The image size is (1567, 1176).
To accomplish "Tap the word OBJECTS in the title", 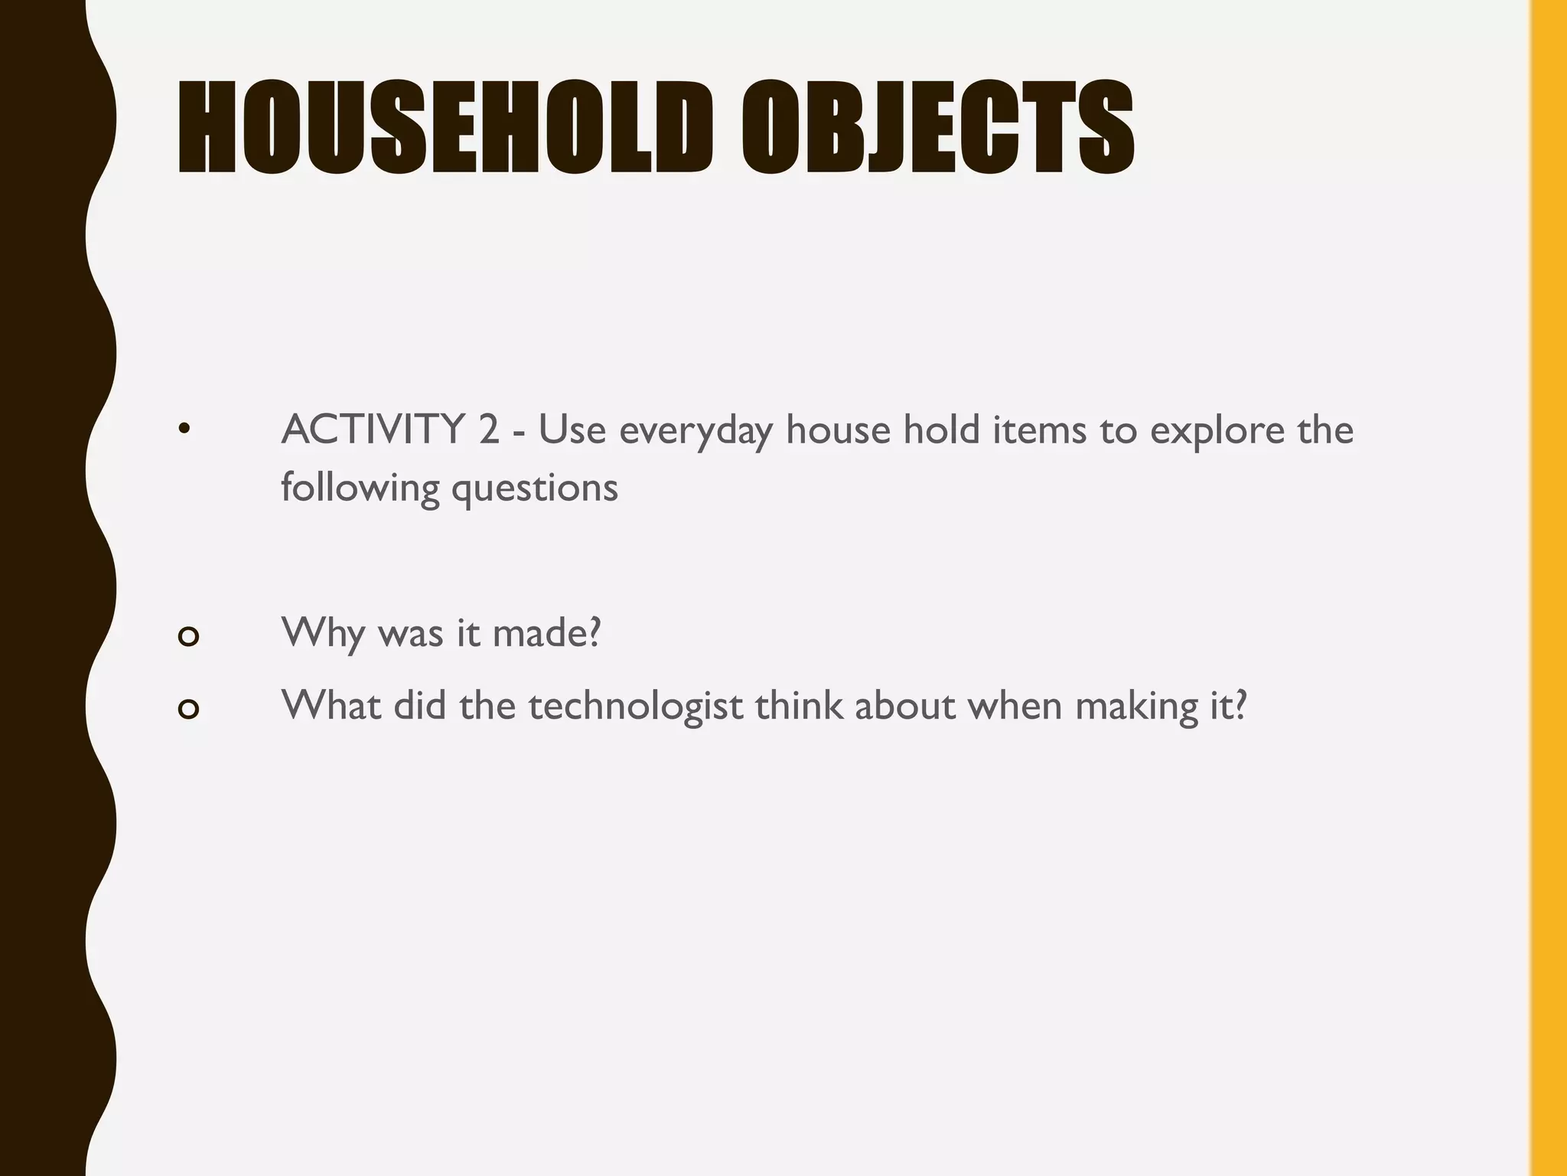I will tap(937, 127).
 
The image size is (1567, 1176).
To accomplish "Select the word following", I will tap(360, 488).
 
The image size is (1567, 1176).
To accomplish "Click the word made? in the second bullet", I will tap(546, 633).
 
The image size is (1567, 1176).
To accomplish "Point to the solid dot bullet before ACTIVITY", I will tap(183, 430).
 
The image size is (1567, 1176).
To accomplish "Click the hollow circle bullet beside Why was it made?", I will tap(188, 636).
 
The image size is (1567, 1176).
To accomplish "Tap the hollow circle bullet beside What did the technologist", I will tap(188, 709).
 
